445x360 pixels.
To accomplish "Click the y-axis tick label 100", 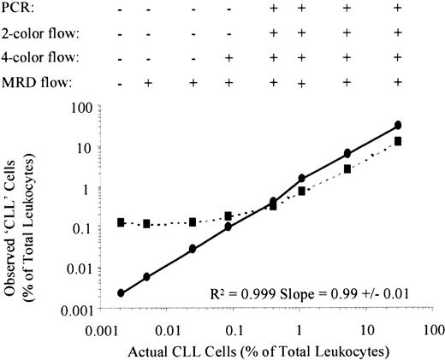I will pos(81,107).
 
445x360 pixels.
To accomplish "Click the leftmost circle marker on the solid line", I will pos(122,292).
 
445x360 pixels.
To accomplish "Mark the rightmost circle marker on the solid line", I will pos(398,125).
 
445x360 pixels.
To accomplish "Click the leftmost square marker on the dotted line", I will pos(122,221).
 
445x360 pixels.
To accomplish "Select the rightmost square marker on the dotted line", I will pos(398,141).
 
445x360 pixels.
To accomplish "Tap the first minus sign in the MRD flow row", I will pos(122,83).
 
